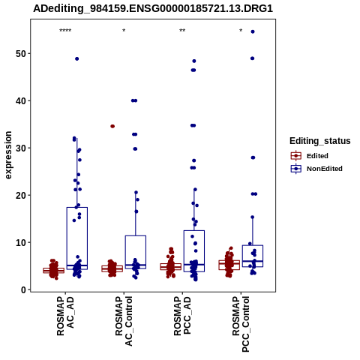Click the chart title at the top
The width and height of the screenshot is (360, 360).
tap(153, 8)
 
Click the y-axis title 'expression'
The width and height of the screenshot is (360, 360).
tap(8, 155)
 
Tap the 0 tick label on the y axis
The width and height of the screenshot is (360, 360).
tap(24, 289)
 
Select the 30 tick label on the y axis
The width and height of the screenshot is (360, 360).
tap(21, 148)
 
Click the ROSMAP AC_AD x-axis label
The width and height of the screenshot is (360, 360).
tap(65, 316)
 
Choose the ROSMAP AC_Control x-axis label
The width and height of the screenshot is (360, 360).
tap(124, 321)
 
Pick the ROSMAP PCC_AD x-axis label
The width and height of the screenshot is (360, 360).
tap(182, 316)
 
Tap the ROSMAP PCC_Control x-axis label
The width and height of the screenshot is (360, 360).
tap(241, 324)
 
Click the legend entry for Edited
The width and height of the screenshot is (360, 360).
tap(309, 156)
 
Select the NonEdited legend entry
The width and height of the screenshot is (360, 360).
tap(316, 169)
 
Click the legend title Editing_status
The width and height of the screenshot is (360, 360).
tap(320, 141)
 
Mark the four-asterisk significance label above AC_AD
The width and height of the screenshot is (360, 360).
tap(65, 31)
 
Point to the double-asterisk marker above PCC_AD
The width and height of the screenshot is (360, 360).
tap(182, 31)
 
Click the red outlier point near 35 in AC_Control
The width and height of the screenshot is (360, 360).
tap(112, 126)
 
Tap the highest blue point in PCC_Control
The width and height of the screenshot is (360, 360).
tap(253, 31)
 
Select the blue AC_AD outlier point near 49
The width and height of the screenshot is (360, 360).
tap(77, 59)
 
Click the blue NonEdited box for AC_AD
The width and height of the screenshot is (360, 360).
tap(77, 238)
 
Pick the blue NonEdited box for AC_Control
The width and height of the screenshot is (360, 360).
tap(136, 252)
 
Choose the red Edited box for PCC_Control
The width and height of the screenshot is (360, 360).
tap(229, 265)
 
